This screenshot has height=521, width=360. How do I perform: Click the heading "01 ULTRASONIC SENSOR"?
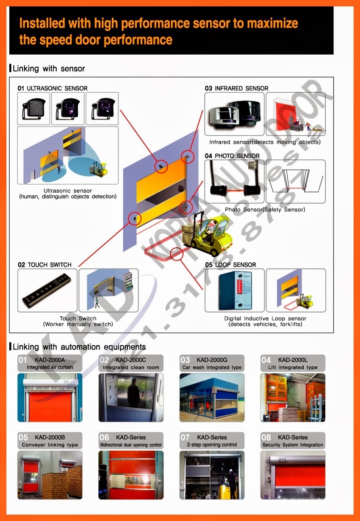(x=53, y=89)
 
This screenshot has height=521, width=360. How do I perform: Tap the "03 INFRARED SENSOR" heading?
(x=236, y=89)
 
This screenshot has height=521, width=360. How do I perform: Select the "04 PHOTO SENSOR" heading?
(x=232, y=156)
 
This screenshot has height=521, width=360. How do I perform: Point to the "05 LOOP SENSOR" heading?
(x=230, y=265)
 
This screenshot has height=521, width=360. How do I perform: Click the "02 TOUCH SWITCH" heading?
(x=44, y=265)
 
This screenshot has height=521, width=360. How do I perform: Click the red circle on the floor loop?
(x=176, y=255)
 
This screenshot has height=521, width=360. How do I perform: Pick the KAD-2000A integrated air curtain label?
(x=50, y=363)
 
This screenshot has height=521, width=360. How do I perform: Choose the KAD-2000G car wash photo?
(x=212, y=398)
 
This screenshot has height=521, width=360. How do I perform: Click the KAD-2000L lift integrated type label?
(x=293, y=363)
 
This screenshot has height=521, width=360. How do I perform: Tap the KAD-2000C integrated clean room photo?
(x=130, y=398)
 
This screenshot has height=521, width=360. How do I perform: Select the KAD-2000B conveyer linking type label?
(x=50, y=441)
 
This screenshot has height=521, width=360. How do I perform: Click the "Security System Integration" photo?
(x=293, y=475)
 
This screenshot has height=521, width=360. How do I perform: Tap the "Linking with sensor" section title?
(x=49, y=69)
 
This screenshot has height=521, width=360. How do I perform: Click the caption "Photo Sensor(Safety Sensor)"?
(x=265, y=210)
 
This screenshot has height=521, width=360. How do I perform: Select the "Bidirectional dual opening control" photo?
(x=130, y=475)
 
